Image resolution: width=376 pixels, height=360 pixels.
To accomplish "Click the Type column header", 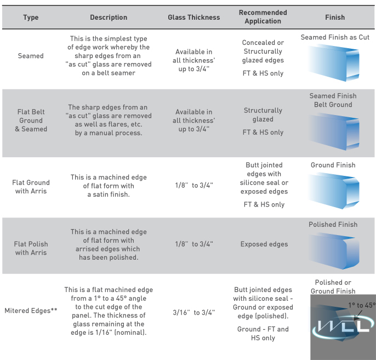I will [x=31, y=18].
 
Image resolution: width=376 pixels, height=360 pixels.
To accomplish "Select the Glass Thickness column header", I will [x=193, y=18].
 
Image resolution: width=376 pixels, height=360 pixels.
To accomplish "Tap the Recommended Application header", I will [x=263, y=17].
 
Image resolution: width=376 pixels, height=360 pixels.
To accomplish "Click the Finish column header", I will [x=335, y=18].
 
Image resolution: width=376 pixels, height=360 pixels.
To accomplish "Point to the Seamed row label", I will [x=31, y=56].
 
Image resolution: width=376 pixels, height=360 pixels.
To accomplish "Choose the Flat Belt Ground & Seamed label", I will [x=31, y=121].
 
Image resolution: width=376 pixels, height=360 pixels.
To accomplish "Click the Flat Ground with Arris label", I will [x=31, y=187].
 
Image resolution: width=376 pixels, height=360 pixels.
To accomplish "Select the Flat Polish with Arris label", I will [x=31, y=248].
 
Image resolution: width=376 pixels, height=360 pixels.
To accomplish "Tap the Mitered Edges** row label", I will [x=31, y=311].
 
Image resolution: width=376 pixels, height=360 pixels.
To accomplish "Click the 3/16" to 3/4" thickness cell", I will [x=193, y=312].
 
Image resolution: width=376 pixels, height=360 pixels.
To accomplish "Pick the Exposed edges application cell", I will [x=264, y=244].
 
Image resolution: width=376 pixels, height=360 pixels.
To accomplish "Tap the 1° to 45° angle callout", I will [x=361, y=305].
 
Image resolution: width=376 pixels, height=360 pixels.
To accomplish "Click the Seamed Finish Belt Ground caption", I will [x=333, y=100].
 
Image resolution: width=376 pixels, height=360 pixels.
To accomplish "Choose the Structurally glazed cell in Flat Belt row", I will [x=263, y=115].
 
